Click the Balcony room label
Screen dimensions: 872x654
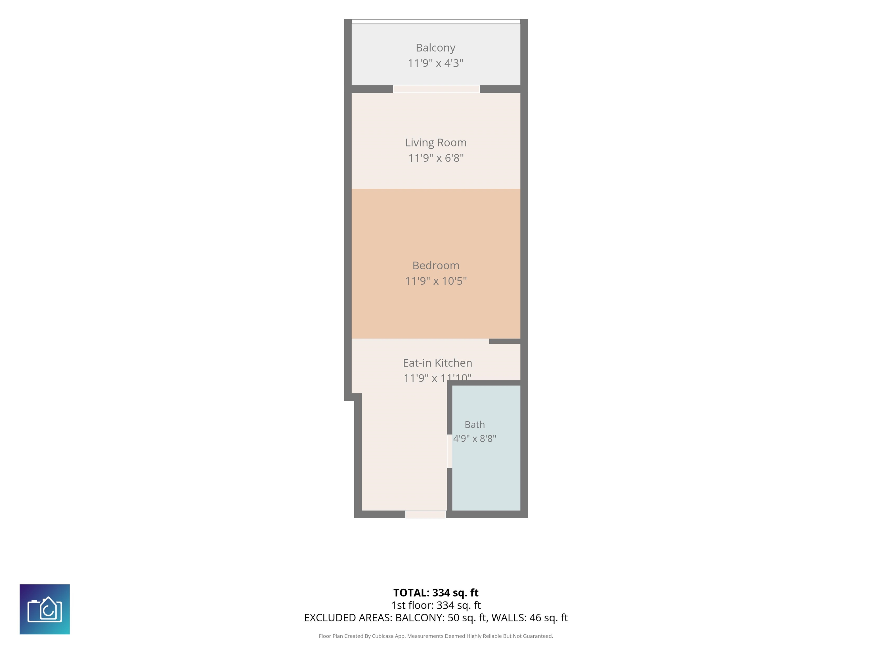[436, 48]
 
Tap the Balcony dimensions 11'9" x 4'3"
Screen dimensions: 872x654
[436, 63]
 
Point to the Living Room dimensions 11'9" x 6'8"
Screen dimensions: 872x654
[436, 158]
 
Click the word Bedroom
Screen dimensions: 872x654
[436, 265]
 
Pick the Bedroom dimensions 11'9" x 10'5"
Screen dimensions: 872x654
[436, 281]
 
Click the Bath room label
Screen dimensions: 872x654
[475, 425]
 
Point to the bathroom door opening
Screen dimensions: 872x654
[449, 451]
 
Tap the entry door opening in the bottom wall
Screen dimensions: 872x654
[426, 514]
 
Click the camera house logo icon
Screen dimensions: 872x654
[45, 609]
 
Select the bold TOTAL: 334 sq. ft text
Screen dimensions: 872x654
[436, 592]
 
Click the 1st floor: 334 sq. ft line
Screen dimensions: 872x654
[436, 605]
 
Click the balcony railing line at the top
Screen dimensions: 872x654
[436, 22]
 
